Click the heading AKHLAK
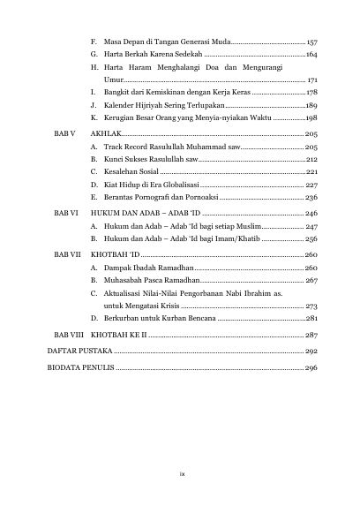tap(106, 131)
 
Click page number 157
tap(311, 42)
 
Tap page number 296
tap(311, 368)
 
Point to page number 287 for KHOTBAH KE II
tap(311, 336)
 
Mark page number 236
tap(311, 198)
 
